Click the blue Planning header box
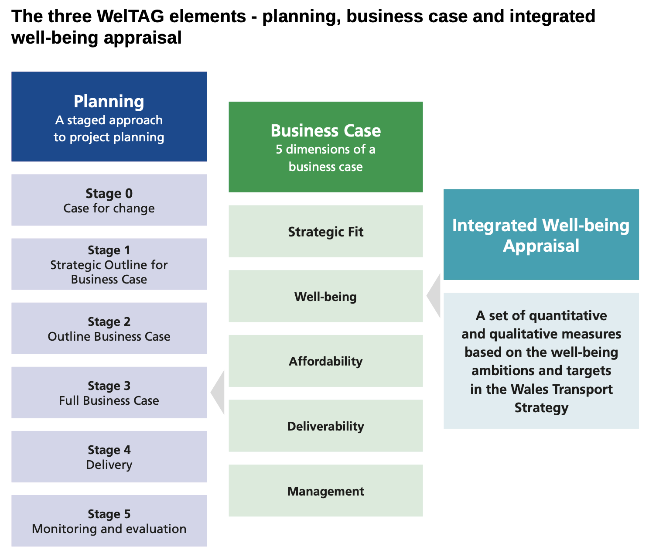[109, 116]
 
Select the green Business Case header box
[326, 147]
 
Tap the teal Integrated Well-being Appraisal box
[541, 235]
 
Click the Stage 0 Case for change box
[109, 200]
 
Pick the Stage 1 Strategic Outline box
[109, 264]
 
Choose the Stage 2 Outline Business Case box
[109, 328]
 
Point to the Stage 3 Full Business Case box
[109, 393]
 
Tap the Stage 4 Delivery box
[109, 457]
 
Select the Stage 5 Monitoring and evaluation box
[109, 521]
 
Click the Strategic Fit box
[326, 231]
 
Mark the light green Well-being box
[326, 296]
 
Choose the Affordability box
[326, 361]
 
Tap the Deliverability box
[326, 426]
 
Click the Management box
[326, 491]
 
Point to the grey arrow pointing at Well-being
[435, 296]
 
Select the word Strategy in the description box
[541, 407]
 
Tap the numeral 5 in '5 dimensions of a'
[279, 150]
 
